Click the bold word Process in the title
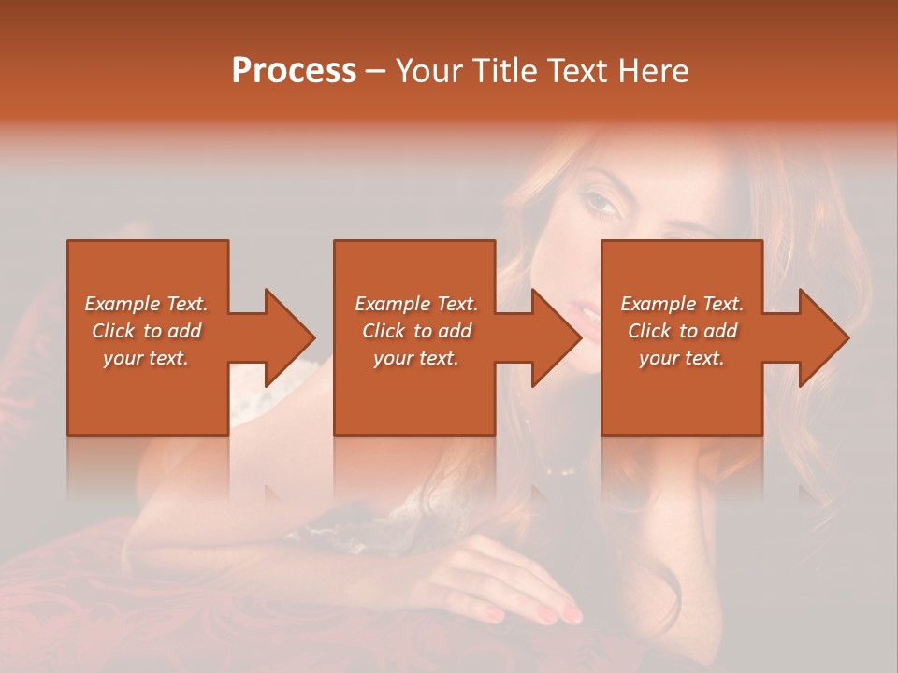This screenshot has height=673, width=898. (x=294, y=71)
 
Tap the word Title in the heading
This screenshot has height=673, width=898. (x=504, y=71)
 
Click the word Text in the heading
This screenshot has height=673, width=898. (x=576, y=71)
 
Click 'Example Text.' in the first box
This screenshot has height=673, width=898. (x=146, y=304)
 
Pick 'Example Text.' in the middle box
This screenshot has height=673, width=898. (x=416, y=304)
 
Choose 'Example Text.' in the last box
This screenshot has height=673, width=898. (x=682, y=304)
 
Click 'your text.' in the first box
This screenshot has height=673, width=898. (x=146, y=358)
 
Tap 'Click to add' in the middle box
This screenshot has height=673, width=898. (x=416, y=331)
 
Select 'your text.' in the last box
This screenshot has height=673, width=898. (x=682, y=358)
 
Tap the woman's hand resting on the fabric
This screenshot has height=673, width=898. (x=510, y=580)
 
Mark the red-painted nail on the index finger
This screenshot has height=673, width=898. (x=570, y=613)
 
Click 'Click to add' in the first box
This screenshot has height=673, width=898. (x=146, y=331)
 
